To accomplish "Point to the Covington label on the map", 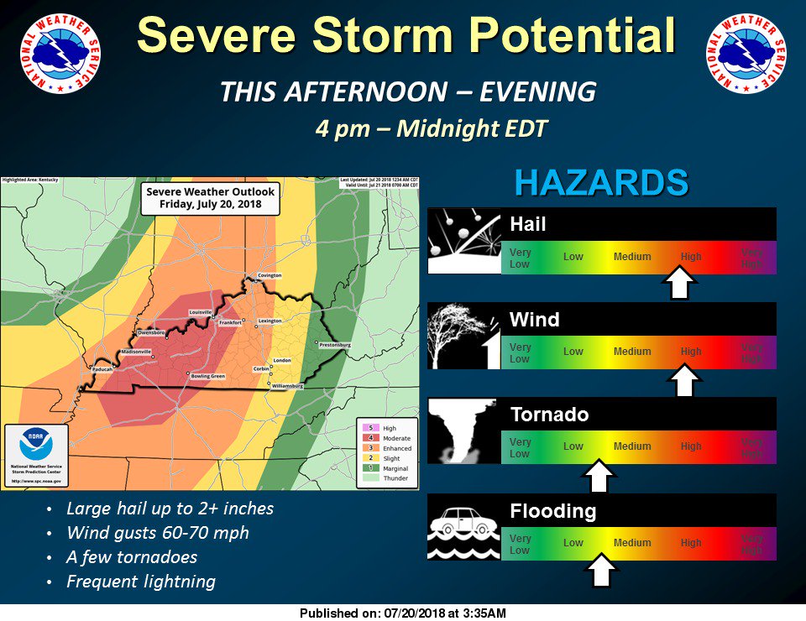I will [270, 275].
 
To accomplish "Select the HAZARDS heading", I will [601, 183].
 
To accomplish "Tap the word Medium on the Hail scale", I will [632, 257].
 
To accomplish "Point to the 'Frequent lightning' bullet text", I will [141, 582].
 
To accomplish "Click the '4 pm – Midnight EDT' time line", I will [432, 129].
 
